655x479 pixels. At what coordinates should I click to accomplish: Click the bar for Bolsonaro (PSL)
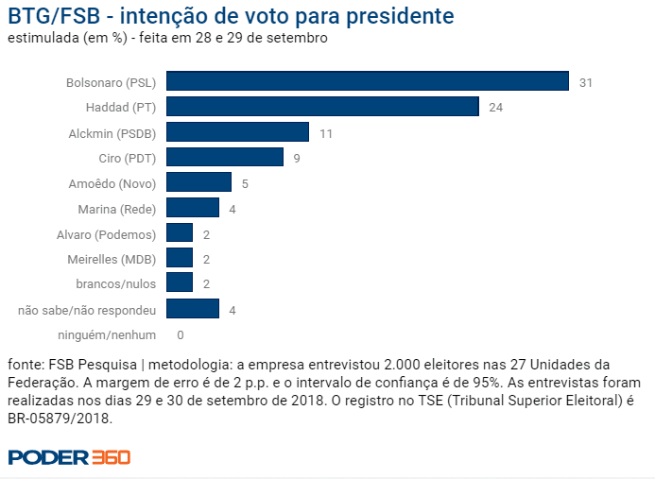click(367, 82)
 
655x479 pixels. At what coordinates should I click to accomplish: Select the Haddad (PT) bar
click(322, 107)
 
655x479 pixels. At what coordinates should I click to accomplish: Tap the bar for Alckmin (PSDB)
click(237, 132)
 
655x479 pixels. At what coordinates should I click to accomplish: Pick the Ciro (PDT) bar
click(225, 158)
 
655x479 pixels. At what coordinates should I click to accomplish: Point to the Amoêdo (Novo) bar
click(198, 182)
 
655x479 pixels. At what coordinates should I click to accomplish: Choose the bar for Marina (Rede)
click(193, 208)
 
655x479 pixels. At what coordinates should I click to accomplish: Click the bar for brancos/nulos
click(180, 282)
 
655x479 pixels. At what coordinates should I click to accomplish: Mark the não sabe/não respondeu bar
click(193, 308)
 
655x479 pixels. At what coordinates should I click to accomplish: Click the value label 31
click(585, 83)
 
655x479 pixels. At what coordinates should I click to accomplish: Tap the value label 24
click(495, 108)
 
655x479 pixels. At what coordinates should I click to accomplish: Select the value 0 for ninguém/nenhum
click(180, 334)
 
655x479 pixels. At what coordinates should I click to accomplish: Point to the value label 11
click(325, 133)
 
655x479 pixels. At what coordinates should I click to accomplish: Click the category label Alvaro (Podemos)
click(107, 233)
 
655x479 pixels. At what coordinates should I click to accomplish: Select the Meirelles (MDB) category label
click(112, 258)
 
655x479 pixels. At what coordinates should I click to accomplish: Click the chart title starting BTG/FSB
click(230, 16)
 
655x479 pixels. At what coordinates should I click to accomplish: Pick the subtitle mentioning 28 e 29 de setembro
click(167, 38)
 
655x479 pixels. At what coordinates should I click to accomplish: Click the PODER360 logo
click(69, 457)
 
